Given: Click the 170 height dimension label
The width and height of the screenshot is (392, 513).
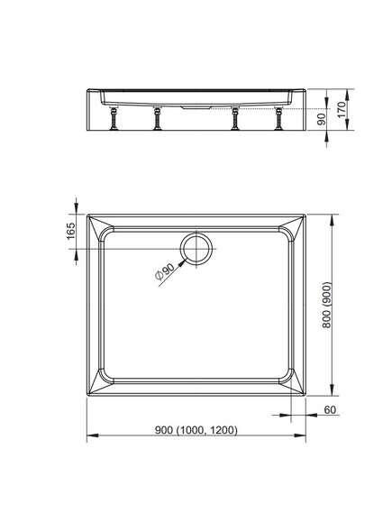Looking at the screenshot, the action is click(x=341, y=110).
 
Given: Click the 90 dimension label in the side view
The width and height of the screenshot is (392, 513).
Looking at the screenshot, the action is click(x=322, y=119).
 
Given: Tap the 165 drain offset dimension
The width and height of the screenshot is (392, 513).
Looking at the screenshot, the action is click(x=71, y=231).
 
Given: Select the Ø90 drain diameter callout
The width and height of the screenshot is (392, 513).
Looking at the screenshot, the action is click(x=164, y=271).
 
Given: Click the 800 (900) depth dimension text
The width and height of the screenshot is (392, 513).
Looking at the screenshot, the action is click(x=326, y=305).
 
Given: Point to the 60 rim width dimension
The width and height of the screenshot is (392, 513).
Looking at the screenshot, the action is click(x=330, y=409).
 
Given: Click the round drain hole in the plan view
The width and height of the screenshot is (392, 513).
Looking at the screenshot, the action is click(x=196, y=249).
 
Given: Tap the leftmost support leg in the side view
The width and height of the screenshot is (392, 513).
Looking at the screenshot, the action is click(x=114, y=118).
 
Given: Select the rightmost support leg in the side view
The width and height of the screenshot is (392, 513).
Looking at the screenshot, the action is click(x=278, y=118).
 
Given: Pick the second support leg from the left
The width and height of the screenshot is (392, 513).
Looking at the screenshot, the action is click(x=158, y=118).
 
